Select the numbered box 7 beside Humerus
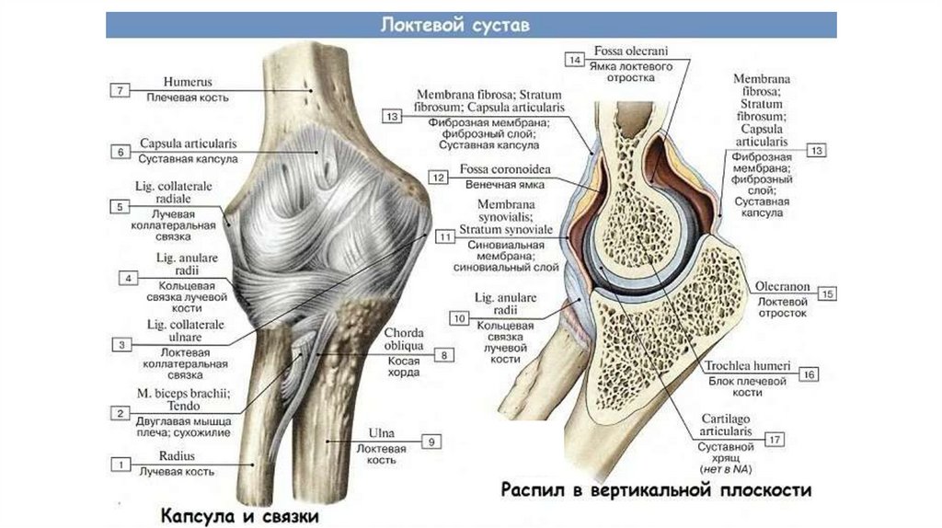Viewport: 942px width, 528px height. coord(121,90)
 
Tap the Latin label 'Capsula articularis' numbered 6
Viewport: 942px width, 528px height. coord(189,144)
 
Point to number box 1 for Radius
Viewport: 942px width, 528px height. coord(121,464)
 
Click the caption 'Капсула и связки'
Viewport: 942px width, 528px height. coord(240,516)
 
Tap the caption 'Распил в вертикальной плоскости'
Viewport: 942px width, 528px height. coord(656,489)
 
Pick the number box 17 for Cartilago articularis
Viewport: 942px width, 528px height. coord(775,440)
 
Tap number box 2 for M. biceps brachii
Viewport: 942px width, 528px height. coord(121,414)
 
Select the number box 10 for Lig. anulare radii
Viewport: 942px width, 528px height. coord(460,317)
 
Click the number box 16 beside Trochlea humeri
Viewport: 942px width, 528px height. coord(810,375)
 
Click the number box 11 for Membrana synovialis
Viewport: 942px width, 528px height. coord(446,237)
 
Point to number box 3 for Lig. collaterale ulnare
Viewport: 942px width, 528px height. coord(121,345)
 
